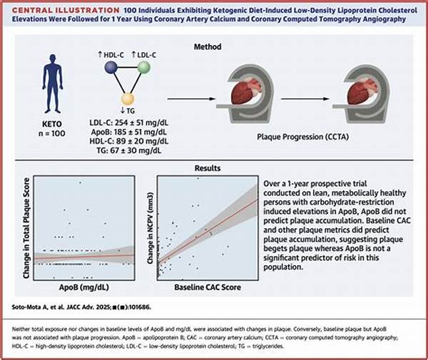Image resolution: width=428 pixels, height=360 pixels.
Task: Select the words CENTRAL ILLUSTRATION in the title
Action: tap(53, 10)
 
